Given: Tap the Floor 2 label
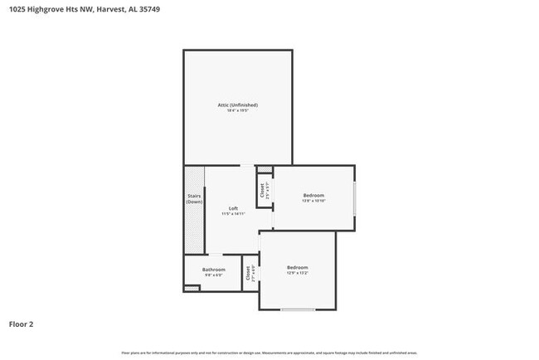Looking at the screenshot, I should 22,324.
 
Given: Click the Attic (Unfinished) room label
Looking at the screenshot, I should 237,105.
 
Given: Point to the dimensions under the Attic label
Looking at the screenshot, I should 237,110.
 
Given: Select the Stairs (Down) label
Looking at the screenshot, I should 194,199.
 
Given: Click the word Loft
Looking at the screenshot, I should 233,208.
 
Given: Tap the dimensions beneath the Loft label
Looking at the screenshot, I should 233,214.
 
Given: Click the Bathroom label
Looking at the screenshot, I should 214,270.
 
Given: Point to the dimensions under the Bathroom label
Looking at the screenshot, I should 214,275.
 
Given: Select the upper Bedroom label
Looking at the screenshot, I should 313,195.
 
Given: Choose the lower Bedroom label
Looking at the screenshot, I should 297,267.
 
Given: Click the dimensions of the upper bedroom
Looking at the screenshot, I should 313,201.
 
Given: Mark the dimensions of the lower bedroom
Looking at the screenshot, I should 297,273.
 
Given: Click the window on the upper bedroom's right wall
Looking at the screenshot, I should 355,199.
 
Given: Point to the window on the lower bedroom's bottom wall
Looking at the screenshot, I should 297,309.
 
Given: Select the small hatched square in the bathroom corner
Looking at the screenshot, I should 192,288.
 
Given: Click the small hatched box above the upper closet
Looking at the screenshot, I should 264,168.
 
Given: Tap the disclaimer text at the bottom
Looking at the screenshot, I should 269,353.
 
